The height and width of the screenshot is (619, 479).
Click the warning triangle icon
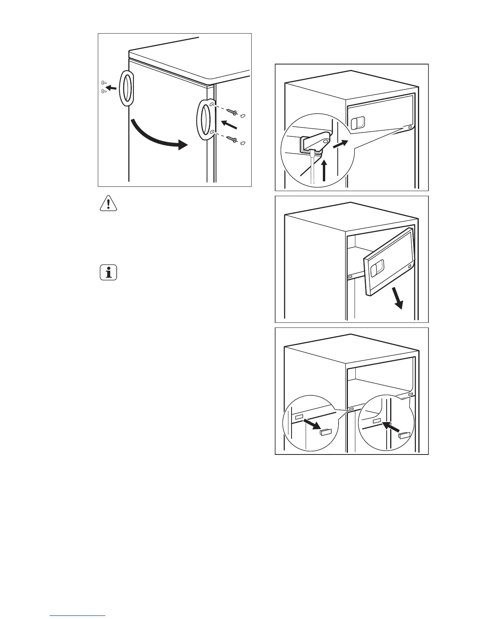point(108,204)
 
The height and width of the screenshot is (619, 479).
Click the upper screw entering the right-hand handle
point(232,113)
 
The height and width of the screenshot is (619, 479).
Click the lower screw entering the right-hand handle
point(232,139)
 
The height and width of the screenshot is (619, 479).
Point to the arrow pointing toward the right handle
point(229,125)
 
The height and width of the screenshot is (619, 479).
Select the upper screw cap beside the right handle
point(243,116)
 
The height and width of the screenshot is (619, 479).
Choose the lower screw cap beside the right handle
point(243,143)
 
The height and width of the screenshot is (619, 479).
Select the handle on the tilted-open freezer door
point(376,269)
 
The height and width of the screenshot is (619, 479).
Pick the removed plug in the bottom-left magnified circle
point(326,432)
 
